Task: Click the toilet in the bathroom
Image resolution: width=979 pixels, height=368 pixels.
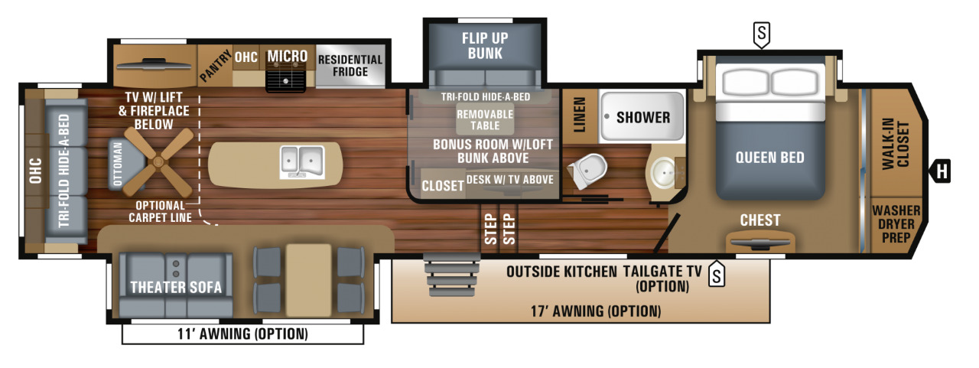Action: pyautogui.click(x=588, y=171)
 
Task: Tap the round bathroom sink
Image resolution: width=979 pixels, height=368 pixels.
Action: pyautogui.click(x=664, y=173)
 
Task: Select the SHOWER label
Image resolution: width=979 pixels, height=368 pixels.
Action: pyautogui.click(x=643, y=117)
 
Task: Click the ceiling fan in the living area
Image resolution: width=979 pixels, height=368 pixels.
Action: pyautogui.click(x=158, y=162)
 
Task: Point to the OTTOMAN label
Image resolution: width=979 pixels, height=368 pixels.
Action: pyautogui.click(x=118, y=164)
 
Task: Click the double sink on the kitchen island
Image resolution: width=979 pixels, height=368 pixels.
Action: pyautogui.click(x=302, y=162)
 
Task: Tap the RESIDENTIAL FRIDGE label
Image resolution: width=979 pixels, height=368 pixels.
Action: pyautogui.click(x=350, y=66)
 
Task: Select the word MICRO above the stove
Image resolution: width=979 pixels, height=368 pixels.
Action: pyautogui.click(x=287, y=56)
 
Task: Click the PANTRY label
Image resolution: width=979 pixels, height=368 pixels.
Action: pyautogui.click(x=216, y=66)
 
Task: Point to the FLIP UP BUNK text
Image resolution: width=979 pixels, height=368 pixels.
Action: pyautogui.click(x=485, y=45)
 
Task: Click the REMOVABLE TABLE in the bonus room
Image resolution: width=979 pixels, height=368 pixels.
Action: pyautogui.click(x=485, y=119)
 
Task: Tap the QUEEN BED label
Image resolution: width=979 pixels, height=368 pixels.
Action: pyautogui.click(x=769, y=158)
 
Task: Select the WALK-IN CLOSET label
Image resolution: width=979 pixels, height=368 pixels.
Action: pyautogui.click(x=896, y=144)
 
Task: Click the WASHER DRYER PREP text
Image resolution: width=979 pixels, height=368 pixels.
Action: pyautogui.click(x=896, y=223)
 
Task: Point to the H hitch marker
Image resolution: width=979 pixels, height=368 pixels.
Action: pyautogui.click(x=941, y=171)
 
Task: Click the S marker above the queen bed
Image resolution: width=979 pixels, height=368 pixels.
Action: pyautogui.click(x=761, y=34)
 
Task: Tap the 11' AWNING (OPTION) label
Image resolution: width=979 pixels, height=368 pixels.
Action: pyautogui.click(x=242, y=334)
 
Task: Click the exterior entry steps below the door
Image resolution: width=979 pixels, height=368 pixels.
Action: pyautogui.click(x=452, y=275)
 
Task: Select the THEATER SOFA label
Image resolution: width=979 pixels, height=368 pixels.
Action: pyautogui.click(x=176, y=287)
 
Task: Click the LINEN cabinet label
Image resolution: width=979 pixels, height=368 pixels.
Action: pyautogui.click(x=579, y=115)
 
